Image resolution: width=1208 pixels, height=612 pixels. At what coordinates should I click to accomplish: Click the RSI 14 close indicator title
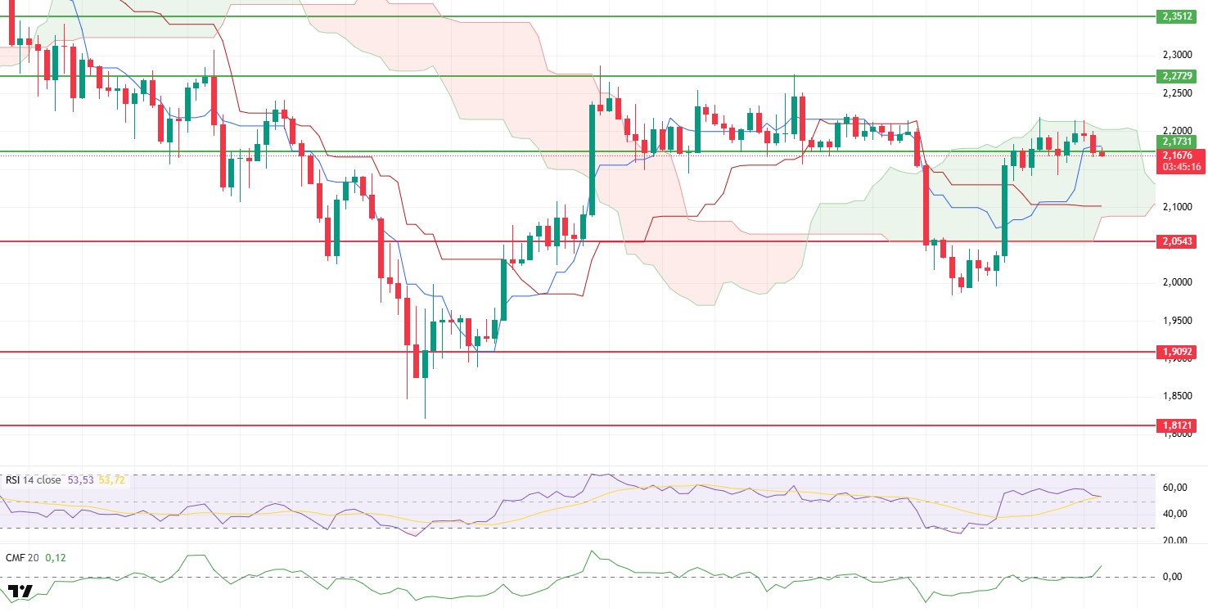click(x=34, y=480)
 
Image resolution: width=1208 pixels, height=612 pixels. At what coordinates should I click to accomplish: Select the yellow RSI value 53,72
click(x=112, y=480)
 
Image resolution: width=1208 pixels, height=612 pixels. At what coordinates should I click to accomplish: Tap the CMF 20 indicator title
click(x=22, y=557)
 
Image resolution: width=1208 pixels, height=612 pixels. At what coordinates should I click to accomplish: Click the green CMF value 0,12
click(x=56, y=557)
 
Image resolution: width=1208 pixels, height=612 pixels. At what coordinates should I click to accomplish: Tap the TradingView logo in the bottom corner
click(x=20, y=592)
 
